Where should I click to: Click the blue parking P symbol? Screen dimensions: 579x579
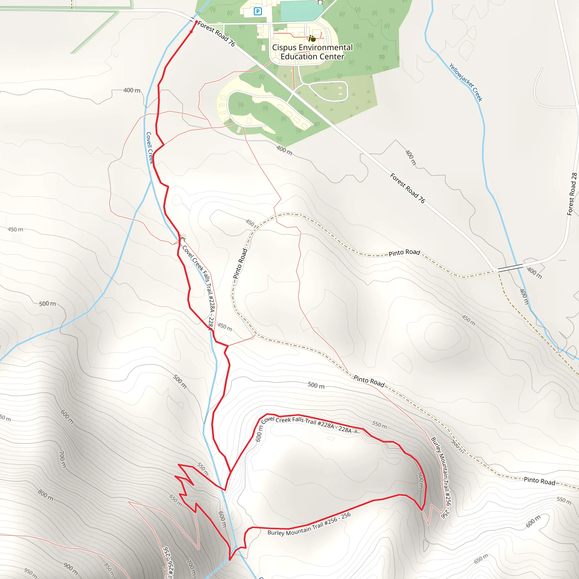[258, 11]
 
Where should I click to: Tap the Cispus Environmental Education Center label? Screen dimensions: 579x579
[312, 52]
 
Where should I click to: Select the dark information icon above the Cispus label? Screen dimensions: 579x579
[312, 39]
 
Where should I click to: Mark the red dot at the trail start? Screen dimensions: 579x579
[196, 22]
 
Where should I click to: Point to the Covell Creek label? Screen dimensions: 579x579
[149, 148]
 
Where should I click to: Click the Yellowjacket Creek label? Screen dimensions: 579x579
[466, 82]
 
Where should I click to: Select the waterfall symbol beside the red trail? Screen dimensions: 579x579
[183, 238]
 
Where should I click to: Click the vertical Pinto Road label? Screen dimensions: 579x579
[240, 263]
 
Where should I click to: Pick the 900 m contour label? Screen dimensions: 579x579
[71, 569]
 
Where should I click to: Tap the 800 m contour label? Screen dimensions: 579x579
[46, 495]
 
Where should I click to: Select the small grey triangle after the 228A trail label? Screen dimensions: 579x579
[356, 431]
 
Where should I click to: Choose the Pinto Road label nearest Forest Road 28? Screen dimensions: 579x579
[404, 252]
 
